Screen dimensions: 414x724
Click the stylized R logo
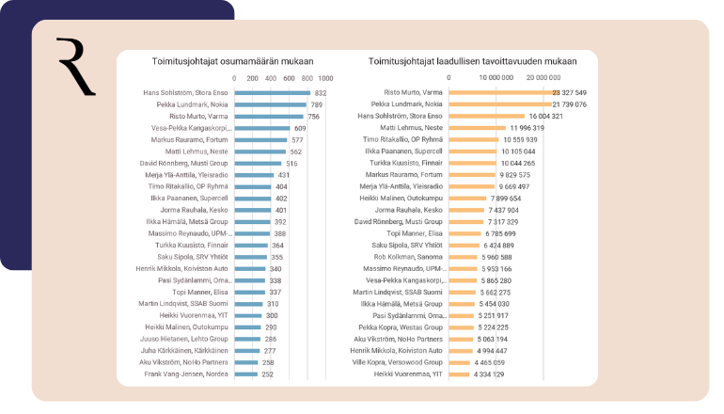coord(75,67)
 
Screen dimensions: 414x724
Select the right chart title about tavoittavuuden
coord(472,61)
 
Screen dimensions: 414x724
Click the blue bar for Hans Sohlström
coord(272,93)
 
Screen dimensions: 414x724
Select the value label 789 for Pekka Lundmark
coord(316,104)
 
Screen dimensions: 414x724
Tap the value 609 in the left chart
coord(300,128)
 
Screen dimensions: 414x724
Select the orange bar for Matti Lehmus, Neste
coord(479,128)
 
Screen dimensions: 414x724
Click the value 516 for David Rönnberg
coord(291,163)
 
